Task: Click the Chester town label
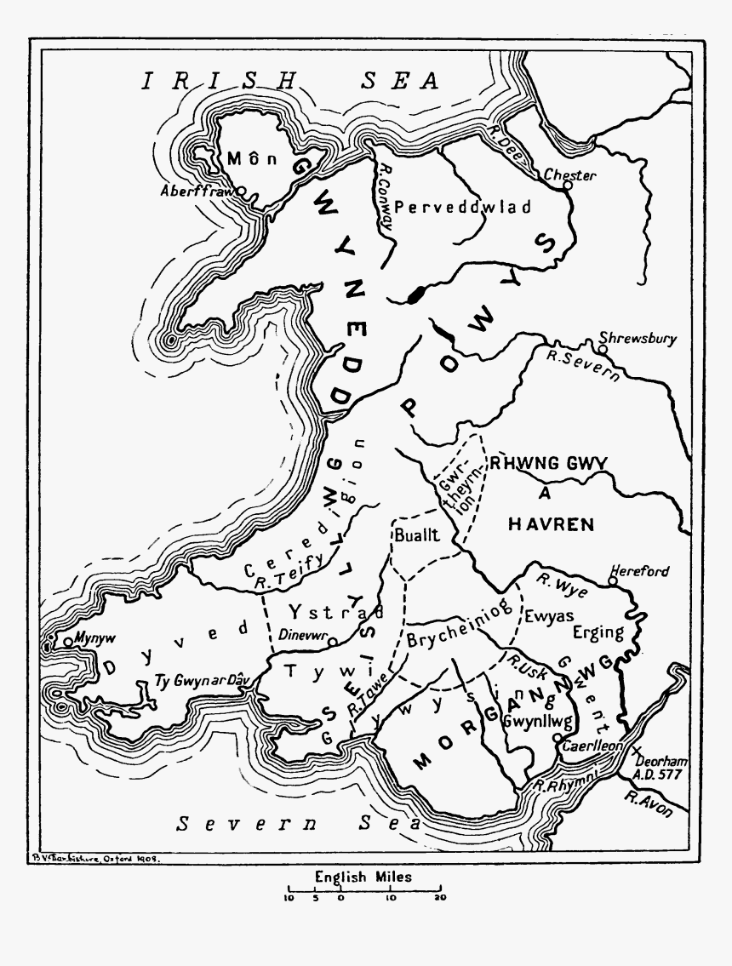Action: pyautogui.click(x=570, y=175)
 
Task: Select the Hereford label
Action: pyautogui.click(x=640, y=571)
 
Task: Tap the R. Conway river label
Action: pyautogui.click(x=386, y=196)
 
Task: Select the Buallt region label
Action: pyautogui.click(x=415, y=535)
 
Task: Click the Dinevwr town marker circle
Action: pyautogui.click(x=334, y=641)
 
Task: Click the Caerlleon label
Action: pyautogui.click(x=593, y=745)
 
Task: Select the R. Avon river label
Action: pyautogui.click(x=648, y=804)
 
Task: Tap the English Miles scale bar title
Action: pyautogui.click(x=363, y=876)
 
